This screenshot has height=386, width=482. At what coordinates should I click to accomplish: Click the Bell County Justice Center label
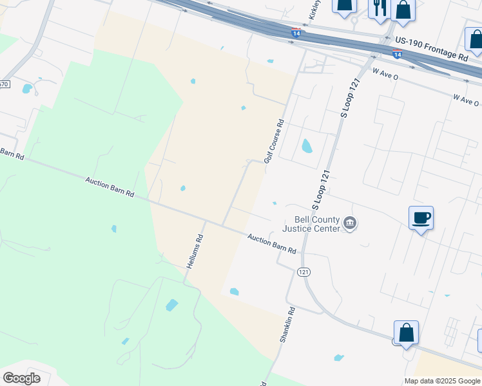tap(313, 224)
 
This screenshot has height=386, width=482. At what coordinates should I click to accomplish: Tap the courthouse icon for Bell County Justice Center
tap(350, 223)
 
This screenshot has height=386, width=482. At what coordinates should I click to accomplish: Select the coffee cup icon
tap(421, 217)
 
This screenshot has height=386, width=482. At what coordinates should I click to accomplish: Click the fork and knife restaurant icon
tap(378, 7)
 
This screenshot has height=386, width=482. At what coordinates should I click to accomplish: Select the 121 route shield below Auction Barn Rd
tap(304, 272)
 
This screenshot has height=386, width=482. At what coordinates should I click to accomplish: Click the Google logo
tap(21, 378)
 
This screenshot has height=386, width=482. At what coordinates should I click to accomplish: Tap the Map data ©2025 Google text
tap(441, 381)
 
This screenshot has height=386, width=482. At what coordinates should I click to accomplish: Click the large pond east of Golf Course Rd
tap(307, 146)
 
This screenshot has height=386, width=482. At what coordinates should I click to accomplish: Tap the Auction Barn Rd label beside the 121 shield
tap(271, 243)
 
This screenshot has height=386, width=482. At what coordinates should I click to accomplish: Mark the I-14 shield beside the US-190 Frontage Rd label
tap(398, 55)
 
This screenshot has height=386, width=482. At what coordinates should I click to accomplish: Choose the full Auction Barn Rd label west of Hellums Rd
tap(110, 188)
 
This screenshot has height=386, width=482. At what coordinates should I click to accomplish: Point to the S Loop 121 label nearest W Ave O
tap(349, 98)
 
